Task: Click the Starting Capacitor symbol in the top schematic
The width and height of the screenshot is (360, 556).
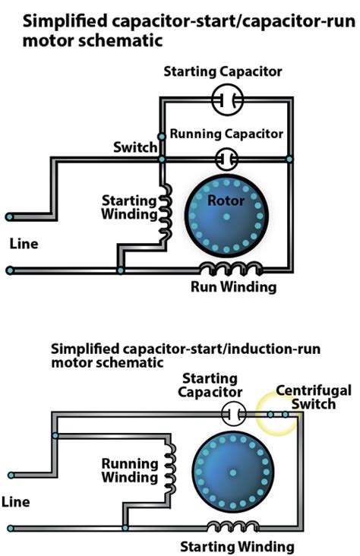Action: pos(226,98)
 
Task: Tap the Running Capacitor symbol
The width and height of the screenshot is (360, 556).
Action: pos(226,159)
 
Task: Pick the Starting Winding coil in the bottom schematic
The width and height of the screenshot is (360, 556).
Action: pos(232,526)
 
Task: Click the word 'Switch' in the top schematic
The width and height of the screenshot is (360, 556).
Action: pos(135,147)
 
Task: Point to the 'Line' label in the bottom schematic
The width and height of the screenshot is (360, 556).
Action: pos(17,502)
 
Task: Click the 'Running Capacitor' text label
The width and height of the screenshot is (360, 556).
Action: pos(226,134)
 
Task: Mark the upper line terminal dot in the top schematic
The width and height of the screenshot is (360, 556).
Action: pos(10,216)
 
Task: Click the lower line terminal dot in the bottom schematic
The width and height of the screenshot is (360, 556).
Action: pos(10,527)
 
